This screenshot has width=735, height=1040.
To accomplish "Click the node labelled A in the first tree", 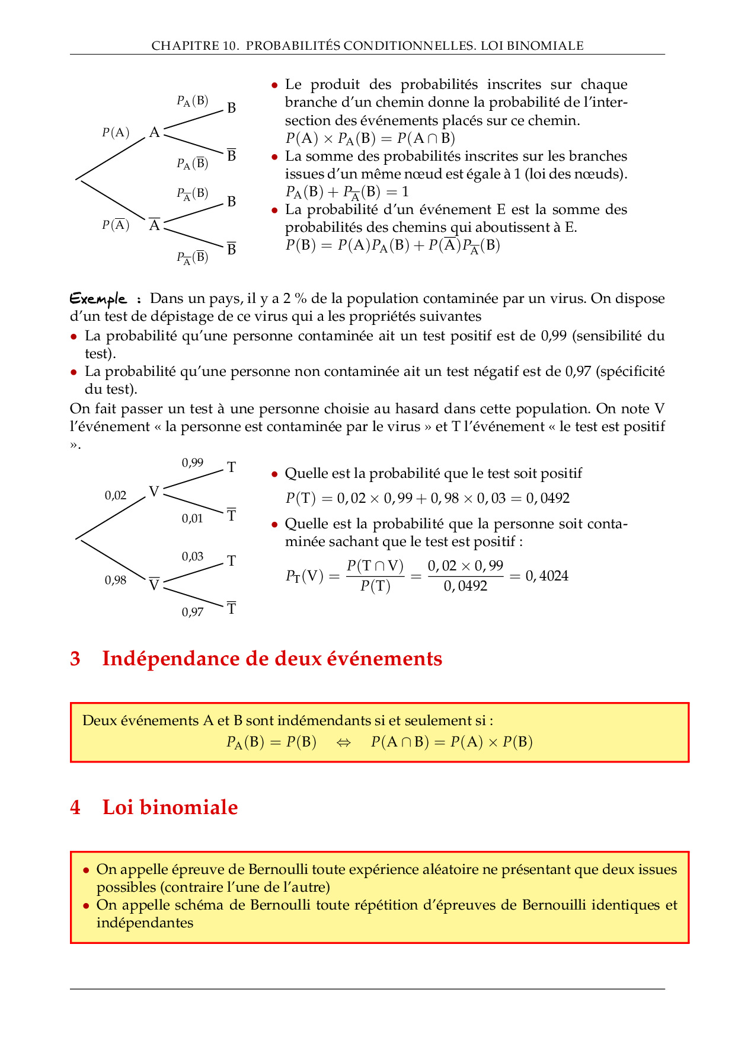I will tap(155, 132).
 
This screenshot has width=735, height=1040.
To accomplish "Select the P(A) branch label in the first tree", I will tap(116, 132).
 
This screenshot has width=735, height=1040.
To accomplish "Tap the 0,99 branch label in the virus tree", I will tap(193, 462).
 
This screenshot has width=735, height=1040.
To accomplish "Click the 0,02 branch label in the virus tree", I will tap(116, 495).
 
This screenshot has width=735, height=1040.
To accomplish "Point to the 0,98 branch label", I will tap(116, 580).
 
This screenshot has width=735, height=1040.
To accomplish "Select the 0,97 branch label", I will tap(193, 612).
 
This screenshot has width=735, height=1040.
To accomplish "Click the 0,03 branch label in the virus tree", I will tap(193, 556).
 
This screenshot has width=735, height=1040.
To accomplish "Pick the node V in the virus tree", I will tap(154, 492).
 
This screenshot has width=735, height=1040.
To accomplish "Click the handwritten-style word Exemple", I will tap(98, 298).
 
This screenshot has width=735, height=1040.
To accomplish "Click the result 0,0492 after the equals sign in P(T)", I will tap(548, 498).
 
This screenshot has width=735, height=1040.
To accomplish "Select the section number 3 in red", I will tap(75, 659).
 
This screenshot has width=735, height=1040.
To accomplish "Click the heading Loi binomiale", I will tap(170, 807).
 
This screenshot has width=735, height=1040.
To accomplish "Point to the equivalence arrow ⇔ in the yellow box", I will tap(344, 742).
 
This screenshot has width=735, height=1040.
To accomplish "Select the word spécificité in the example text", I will tap(629, 371).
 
